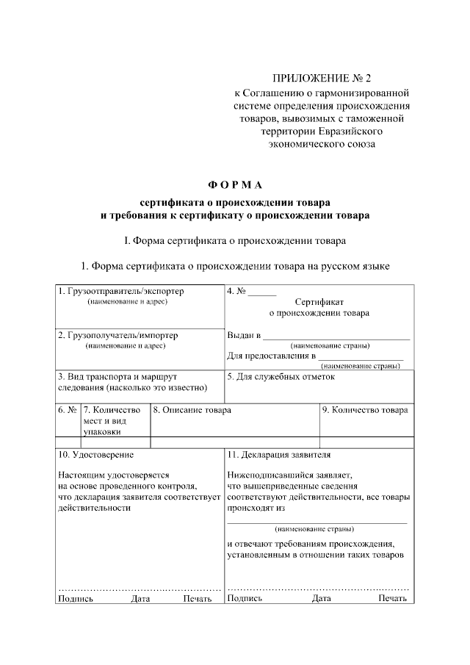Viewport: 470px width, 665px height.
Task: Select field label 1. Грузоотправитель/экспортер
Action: click(x=121, y=291)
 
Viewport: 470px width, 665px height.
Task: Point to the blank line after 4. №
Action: click(x=262, y=293)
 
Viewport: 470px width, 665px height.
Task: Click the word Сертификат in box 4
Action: click(x=319, y=302)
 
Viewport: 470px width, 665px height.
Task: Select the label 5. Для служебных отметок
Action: click(x=281, y=377)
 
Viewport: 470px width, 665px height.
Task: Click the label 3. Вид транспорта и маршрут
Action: click(x=117, y=377)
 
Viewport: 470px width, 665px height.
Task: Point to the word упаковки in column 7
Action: click(x=101, y=433)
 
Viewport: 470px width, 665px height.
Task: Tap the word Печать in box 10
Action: click(x=198, y=599)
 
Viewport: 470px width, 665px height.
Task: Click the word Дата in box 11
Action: click(x=321, y=599)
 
